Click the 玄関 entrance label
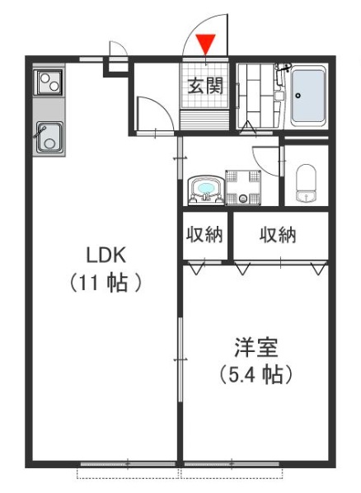coord(205,86)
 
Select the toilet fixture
coord(306,183)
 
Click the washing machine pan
coord(243,186)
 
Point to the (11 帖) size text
coord(105,283)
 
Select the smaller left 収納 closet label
coord(204,236)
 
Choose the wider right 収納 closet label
coord(279,236)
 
